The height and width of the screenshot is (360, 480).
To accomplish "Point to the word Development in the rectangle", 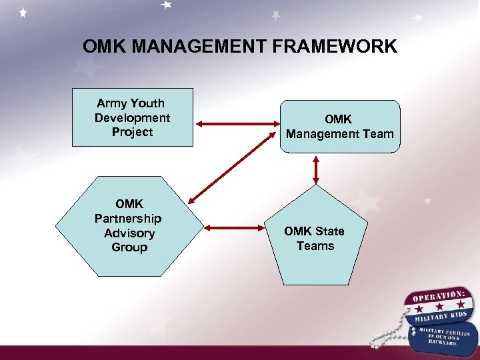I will pyautogui.click(x=132, y=118).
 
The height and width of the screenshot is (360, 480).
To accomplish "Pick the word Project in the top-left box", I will pyautogui.click(x=132, y=132).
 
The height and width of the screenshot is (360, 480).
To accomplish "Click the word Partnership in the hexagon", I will pyautogui.click(x=128, y=219).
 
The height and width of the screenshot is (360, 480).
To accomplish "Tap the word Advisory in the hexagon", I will pyautogui.click(x=129, y=233).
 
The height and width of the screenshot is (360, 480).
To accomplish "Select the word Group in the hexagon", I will pyautogui.click(x=129, y=247).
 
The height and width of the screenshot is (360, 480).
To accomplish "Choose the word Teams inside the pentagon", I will pyautogui.click(x=315, y=246).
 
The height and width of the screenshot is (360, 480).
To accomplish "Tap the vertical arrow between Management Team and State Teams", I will pyautogui.click(x=316, y=171).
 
